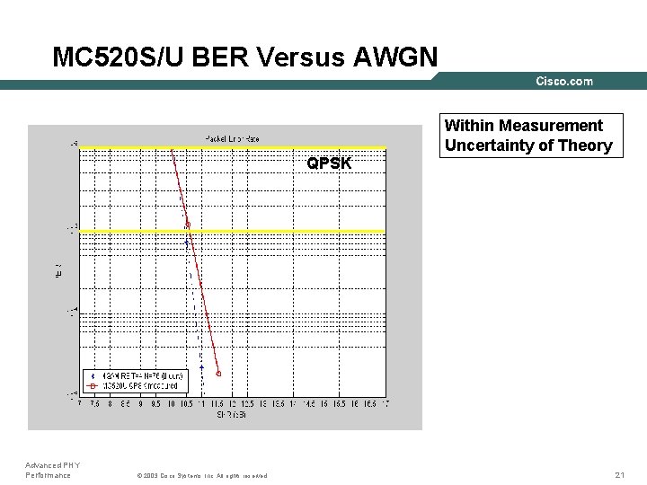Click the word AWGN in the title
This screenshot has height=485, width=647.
coord(396,57)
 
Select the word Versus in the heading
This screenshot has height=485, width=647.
coord(303,57)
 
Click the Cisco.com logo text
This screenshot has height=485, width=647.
coord(564,82)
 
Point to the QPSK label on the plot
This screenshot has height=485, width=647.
coord(329,163)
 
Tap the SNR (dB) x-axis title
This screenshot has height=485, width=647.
coord(232,414)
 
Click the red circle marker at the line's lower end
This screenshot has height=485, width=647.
coord(218,374)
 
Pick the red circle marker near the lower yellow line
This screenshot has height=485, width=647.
coord(188,225)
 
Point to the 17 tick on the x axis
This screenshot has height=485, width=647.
coord(386,405)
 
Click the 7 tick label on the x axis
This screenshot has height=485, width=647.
coord(80,405)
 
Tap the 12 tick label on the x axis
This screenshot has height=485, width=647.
coord(233,405)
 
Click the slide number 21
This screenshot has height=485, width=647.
coord(619,474)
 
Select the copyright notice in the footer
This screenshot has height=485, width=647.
coord(200,475)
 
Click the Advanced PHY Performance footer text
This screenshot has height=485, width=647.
coord(52,470)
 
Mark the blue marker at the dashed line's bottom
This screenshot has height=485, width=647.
coord(202,367)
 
